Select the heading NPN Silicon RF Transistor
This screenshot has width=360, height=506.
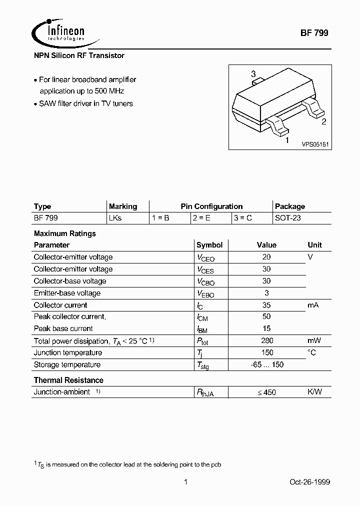coord(79,55)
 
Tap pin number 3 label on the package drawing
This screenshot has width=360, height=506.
coord(253,74)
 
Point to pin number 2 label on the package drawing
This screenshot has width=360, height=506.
coord(323,121)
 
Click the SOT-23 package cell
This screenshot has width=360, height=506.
coord(287,218)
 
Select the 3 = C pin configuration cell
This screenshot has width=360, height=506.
coord(242,218)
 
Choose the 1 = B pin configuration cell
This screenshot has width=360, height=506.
coord(160,218)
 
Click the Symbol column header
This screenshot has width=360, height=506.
coord(209,245)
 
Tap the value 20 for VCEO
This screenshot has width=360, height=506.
coord(266,257)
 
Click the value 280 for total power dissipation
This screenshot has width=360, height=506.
coord(267,340)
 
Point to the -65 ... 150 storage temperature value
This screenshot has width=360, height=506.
coord(267,364)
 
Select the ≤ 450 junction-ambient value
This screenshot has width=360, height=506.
coord(267,392)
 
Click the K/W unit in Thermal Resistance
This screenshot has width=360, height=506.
coord(314,392)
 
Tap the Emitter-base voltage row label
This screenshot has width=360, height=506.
coord(67,293)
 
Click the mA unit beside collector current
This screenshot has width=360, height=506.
coord(313,305)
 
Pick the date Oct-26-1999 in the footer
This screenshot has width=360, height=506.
coord(309,482)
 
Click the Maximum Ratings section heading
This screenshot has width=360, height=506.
coord(64,233)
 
